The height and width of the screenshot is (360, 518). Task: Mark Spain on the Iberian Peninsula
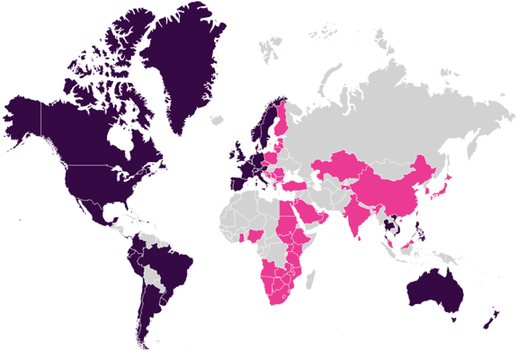[236, 181]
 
